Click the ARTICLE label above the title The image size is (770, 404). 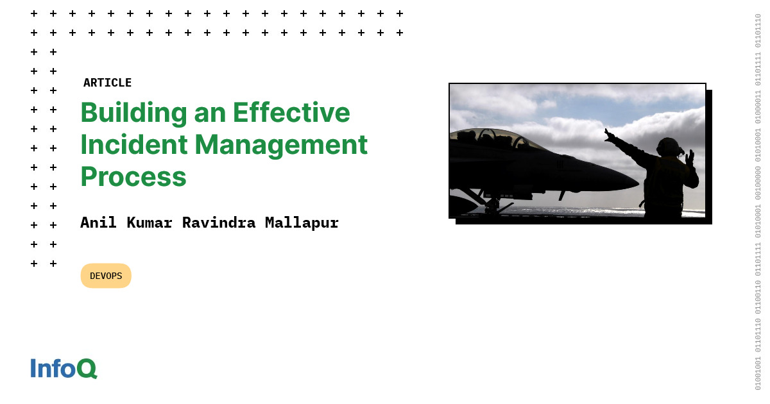[107, 83]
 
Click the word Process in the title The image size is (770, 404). [133, 176]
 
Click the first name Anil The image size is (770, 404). [99, 223]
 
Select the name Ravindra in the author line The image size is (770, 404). [219, 223]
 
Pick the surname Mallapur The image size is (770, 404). [302, 223]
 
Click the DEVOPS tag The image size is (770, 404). [106, 276]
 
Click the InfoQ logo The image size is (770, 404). [64, 369]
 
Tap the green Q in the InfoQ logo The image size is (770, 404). [87, 369]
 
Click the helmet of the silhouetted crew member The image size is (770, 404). [668, 147]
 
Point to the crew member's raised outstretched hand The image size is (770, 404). [608, 134]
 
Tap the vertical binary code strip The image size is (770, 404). [757, 202]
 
